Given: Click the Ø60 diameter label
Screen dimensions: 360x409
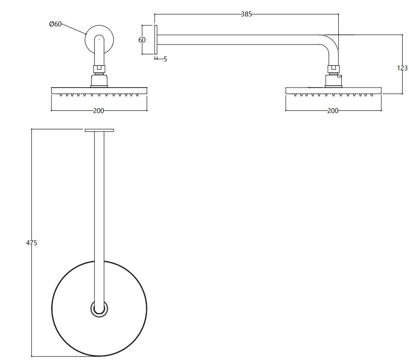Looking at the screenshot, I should [55, 24].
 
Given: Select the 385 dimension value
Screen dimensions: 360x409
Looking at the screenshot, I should [246, 14].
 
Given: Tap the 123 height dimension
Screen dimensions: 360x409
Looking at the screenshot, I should [402, 68].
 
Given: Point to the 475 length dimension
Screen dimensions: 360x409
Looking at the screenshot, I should [31, 243].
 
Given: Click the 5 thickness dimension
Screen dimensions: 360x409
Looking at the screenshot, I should [165, 59].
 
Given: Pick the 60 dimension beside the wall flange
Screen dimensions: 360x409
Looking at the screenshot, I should [142, 40].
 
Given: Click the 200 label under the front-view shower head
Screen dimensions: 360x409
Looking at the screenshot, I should [99, 111].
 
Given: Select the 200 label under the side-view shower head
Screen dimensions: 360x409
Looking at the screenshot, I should [333, 111].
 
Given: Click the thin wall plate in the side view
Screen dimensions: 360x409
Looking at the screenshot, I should [156, 40].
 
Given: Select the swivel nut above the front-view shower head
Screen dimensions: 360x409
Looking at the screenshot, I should [99, 69].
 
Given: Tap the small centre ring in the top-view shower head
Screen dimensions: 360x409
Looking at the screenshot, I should [99, 309].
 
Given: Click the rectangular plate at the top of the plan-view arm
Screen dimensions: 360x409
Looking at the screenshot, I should [99, 130].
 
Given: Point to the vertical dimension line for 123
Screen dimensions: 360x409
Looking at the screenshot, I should [402, 50].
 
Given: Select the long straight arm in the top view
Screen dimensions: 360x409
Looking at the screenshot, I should [99, 195].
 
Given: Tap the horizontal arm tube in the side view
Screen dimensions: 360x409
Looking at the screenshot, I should [240, 40].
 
